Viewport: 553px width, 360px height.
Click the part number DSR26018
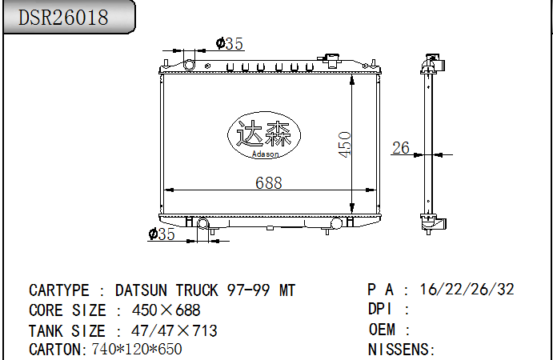tap(63, 18)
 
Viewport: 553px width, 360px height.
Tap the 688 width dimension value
tap(268, 182)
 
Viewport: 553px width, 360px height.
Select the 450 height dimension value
tap(345, 144)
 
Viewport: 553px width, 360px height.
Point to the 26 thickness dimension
tap(400, 147)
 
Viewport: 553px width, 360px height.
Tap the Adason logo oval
tap(263, 135)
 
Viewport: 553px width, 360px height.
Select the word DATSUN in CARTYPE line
tap(142, 290)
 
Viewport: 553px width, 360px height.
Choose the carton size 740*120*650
tap(137, 350)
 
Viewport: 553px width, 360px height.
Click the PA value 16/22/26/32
tap(467, 290)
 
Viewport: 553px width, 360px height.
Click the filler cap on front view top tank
tap(330, 60)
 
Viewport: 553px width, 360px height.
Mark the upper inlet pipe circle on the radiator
tap(190, 64)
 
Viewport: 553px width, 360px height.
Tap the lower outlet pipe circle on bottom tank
tap(202, 224)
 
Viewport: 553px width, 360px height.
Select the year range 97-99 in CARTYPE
tap(250, 290)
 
